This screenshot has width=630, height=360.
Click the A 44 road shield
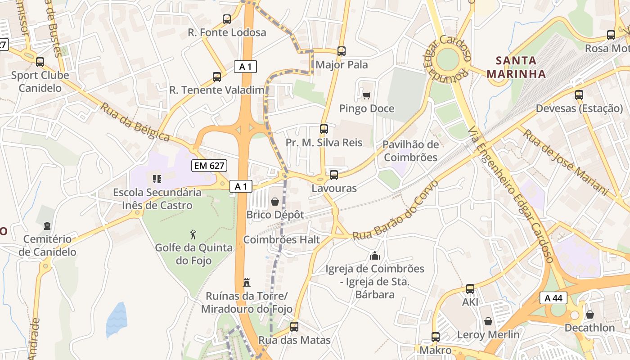point(553,298)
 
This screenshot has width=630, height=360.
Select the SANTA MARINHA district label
point(516,67)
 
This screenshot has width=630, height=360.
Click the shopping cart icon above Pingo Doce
point(366,95)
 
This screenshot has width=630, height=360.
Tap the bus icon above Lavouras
point(333,175)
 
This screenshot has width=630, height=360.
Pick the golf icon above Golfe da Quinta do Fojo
point(193,234)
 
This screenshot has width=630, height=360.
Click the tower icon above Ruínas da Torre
point(246,283)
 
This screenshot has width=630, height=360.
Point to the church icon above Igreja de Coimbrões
point(374,256)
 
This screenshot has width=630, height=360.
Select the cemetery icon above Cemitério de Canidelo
point(47,225)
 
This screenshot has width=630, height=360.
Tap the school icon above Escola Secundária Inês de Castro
point(157,179)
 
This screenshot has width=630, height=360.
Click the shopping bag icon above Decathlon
point(589,315)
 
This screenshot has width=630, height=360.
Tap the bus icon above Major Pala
point(342,51)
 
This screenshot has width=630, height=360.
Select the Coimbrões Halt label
point(282,239)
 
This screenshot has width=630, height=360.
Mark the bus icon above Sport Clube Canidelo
point(40,62)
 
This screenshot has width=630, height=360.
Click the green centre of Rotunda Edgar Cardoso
point(447,59)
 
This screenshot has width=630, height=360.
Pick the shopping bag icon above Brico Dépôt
point(275,202)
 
